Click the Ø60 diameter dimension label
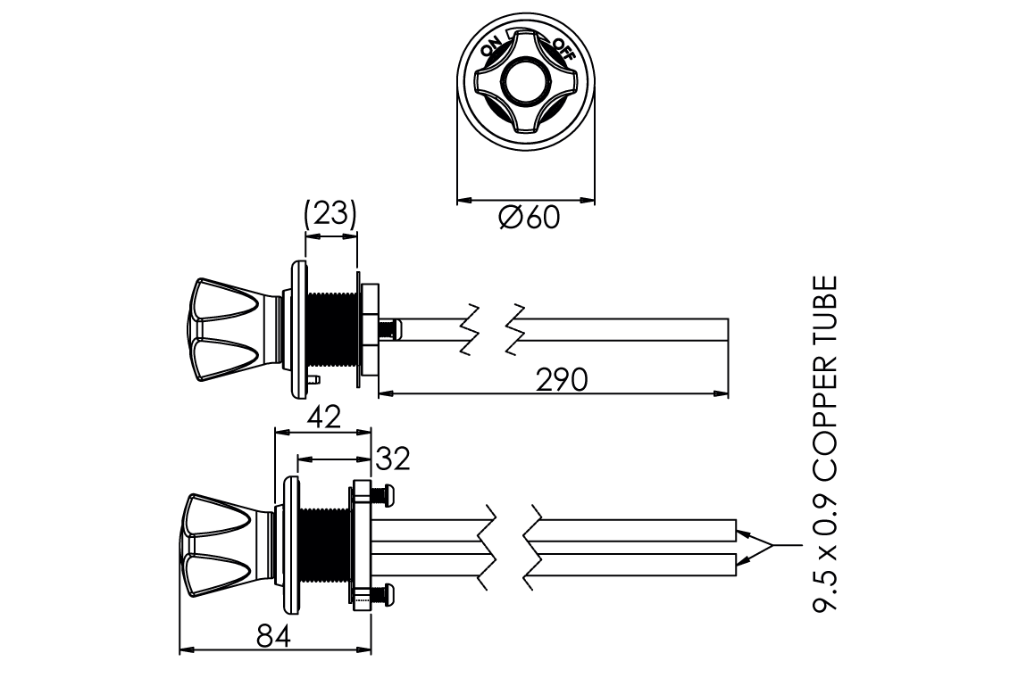coord(530,218)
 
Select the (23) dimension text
coord(330,214)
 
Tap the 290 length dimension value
coord(562,380)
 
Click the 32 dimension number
coord(392,459)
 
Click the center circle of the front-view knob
coord(525,86)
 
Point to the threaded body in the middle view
coord(332,329)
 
